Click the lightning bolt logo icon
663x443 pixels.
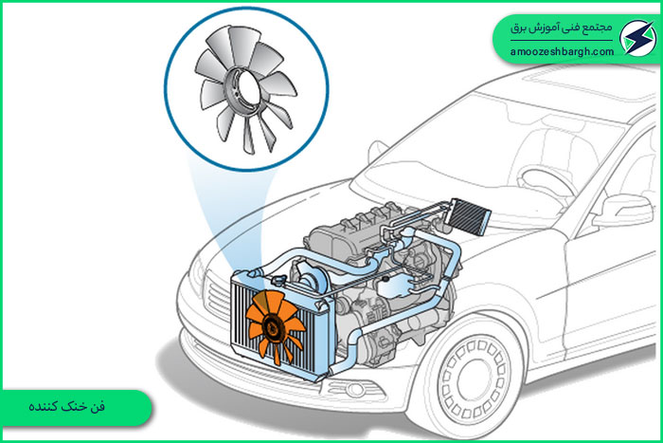(637, 38)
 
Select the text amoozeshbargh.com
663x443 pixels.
(562, 52)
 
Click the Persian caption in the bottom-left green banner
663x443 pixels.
(67, 407)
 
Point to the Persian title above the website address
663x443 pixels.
(561, 28)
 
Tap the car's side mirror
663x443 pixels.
(623, 211)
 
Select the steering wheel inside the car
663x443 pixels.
(546, 183)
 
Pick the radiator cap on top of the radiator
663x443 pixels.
(279, 280)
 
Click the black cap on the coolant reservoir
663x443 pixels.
(385, 280)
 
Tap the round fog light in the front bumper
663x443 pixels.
(355, 390)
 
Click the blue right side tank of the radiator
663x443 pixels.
(327, 338)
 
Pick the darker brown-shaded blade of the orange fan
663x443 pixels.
(260, 302)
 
